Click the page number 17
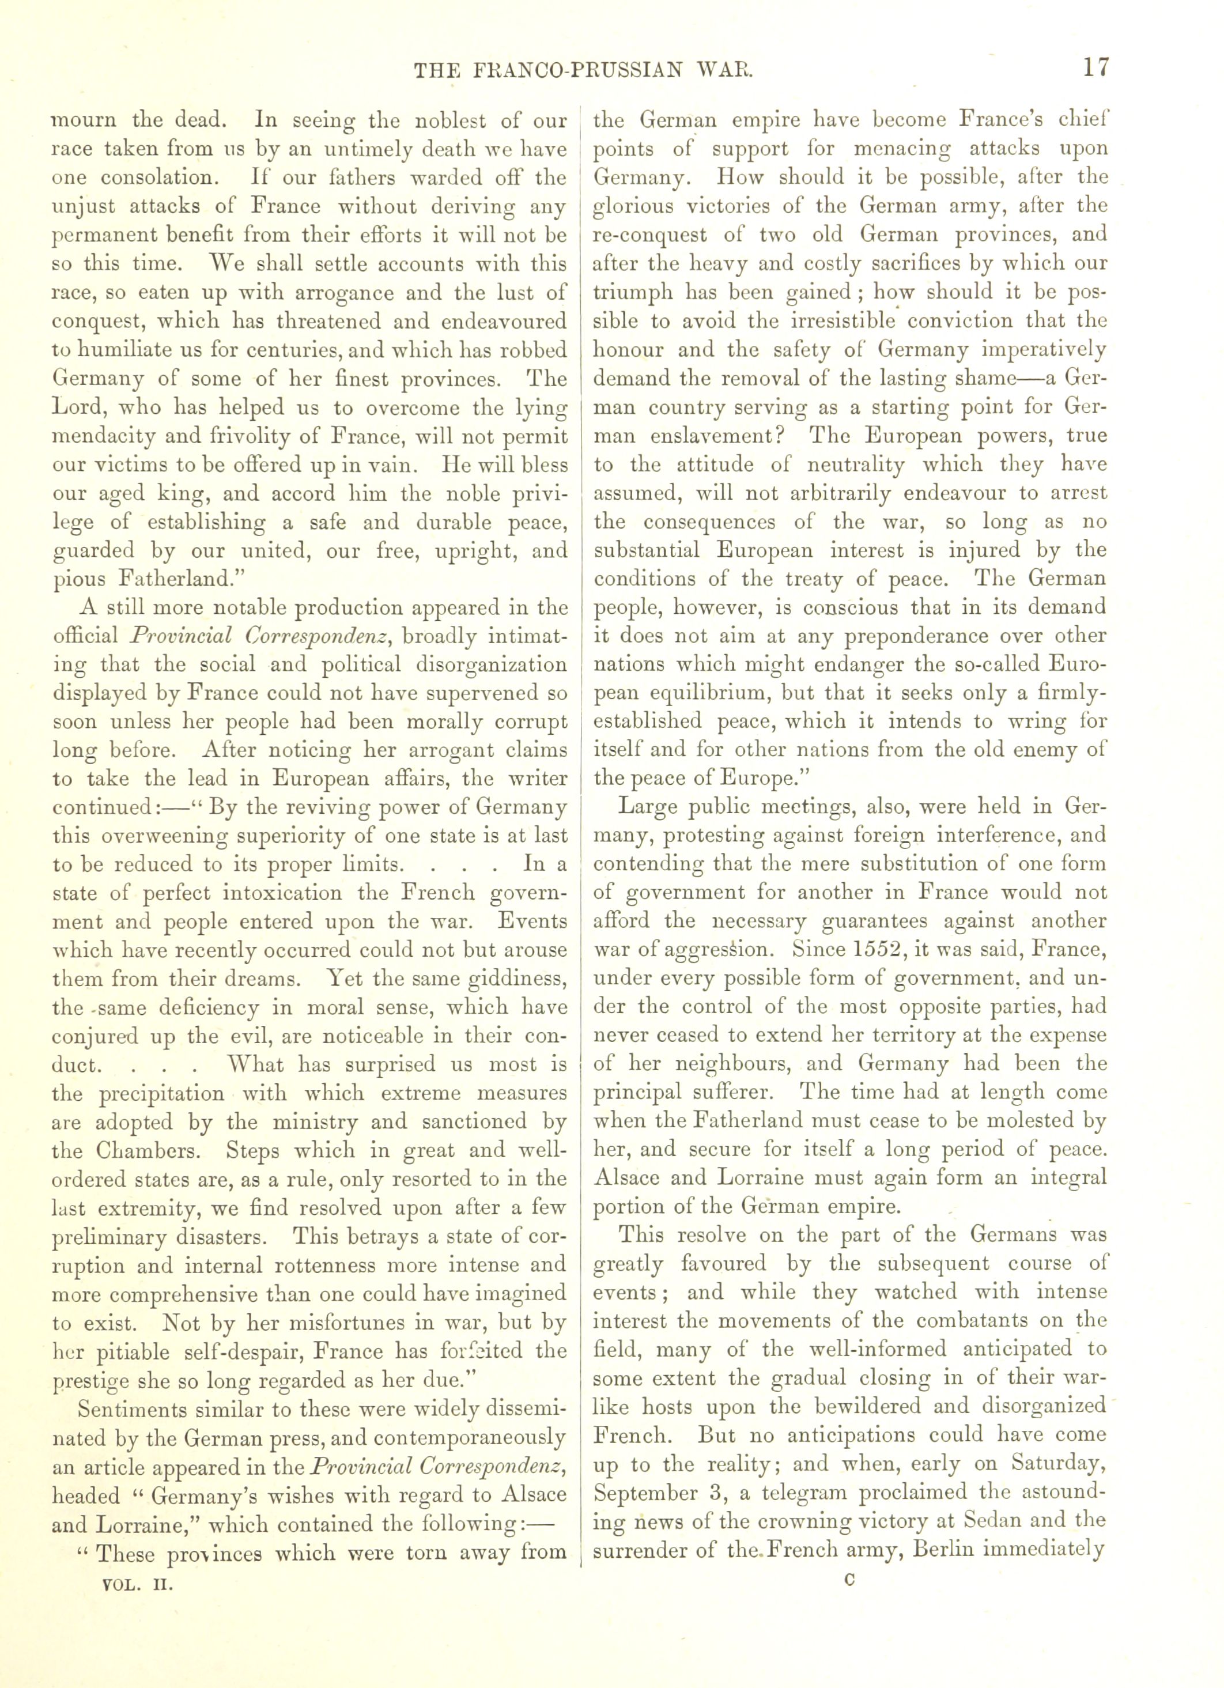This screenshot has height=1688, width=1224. click(1095, 68)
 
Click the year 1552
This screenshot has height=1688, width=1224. click(821, 950)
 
